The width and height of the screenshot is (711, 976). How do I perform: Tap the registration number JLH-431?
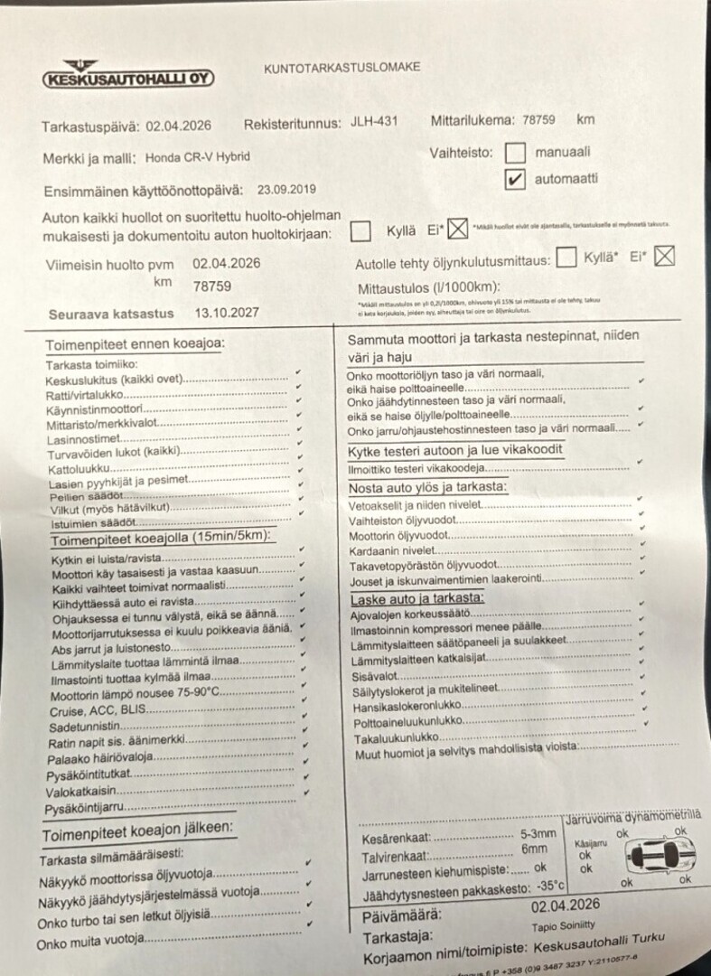click(373, 123)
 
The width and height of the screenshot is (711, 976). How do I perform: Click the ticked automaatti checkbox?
click(515, 179)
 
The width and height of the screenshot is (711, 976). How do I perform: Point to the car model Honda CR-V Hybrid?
click(197, 156)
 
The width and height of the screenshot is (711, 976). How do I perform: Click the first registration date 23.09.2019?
click(286, 189)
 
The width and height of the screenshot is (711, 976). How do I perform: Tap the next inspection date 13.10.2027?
click(227, 313)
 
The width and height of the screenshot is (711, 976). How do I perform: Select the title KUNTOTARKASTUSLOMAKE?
click(330, 68)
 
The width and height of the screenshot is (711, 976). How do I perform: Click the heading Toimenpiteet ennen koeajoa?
click(135, 343)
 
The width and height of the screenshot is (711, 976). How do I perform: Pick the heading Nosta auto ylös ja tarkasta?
click(427, 488)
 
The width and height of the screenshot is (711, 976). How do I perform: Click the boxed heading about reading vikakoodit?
click(456, 450)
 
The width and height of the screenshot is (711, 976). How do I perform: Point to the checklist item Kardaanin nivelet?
click(392, 549)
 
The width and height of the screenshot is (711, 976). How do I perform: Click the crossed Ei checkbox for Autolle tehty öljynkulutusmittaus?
click(665, 257)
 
